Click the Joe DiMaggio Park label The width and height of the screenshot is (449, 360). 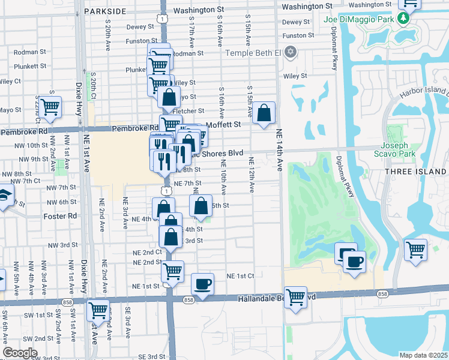pos(360,19)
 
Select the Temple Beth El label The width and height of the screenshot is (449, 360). pos(253,52)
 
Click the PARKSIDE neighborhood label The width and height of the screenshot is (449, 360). pos(105,11)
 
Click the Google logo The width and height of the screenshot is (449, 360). pos(20,353)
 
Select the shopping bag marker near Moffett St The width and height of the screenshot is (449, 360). pos(264,113)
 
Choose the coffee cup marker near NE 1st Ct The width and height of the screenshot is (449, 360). pos(202,284)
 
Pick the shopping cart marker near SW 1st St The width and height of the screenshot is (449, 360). pos(98,311)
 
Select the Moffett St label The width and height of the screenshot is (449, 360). pos(223,125)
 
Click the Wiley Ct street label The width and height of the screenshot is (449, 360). pos(10,80)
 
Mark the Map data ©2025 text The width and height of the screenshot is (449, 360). pos(424,355)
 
